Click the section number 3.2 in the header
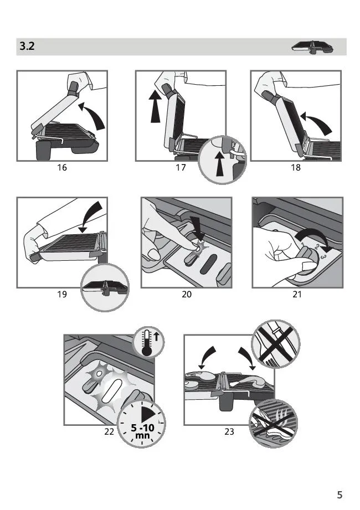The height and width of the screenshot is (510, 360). coord(27,46)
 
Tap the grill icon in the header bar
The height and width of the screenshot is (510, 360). coord(312,47)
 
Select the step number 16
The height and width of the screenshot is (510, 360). coord(62,167)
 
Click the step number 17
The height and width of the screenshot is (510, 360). coord(181,167)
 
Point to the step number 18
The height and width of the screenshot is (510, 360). coord(295,167)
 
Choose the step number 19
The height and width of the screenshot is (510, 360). coord(62,295)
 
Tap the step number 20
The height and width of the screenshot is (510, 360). coord(186,295)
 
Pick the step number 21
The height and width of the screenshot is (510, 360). coord(297,295)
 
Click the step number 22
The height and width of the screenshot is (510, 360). coord(109,431)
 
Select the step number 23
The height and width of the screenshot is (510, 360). coord(229,431)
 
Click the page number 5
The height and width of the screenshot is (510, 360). coord(340,494)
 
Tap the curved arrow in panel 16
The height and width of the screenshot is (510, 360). coord(94,114)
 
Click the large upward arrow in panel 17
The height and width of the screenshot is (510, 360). coord(156,106)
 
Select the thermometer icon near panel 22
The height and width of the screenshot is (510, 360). coord(149,342)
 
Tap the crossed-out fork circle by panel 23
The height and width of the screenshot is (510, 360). coord(276,344)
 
